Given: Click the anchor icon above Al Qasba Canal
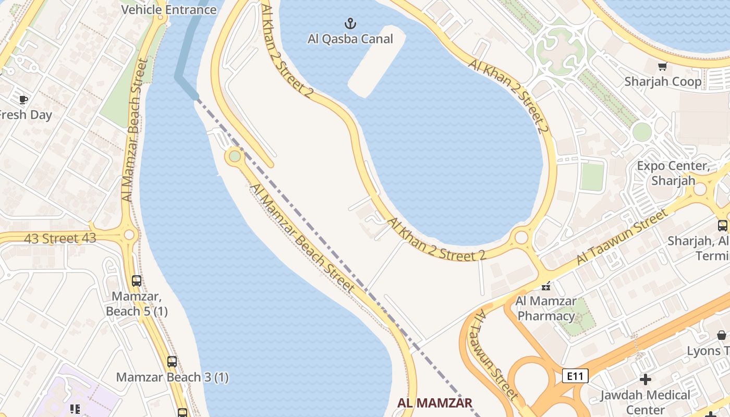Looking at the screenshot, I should (x=350, y=23).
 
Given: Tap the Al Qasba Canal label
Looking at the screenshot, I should (x=350, y=39).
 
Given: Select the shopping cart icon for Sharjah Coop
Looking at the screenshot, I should (x=662, y=66).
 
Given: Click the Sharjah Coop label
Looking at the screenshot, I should (x=663, y=82).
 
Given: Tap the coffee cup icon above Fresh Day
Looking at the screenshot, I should (x=23, y=99).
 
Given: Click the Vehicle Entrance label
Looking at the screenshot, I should (x=168, y=9).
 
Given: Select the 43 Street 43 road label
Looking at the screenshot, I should (x=60, y=239).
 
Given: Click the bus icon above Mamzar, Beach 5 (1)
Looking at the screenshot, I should (x=137, y=281).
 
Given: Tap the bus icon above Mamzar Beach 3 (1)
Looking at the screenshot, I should (x=172, y=361).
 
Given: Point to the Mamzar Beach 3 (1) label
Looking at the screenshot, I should (x=172, y=377).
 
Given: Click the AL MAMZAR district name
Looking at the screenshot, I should (x=435, y=402).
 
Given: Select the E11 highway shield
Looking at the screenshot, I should (x=575, y=375).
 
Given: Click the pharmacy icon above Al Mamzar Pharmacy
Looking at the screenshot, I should (x=546, y=286).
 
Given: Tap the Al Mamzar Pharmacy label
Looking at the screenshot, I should (x=546, y=308).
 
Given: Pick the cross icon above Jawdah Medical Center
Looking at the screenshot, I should (x=646, y=379).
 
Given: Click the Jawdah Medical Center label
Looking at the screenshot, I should (x=646, y=402).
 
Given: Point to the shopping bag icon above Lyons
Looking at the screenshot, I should (x=722, y=335).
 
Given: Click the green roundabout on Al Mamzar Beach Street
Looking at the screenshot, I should (x=235, y=156).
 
